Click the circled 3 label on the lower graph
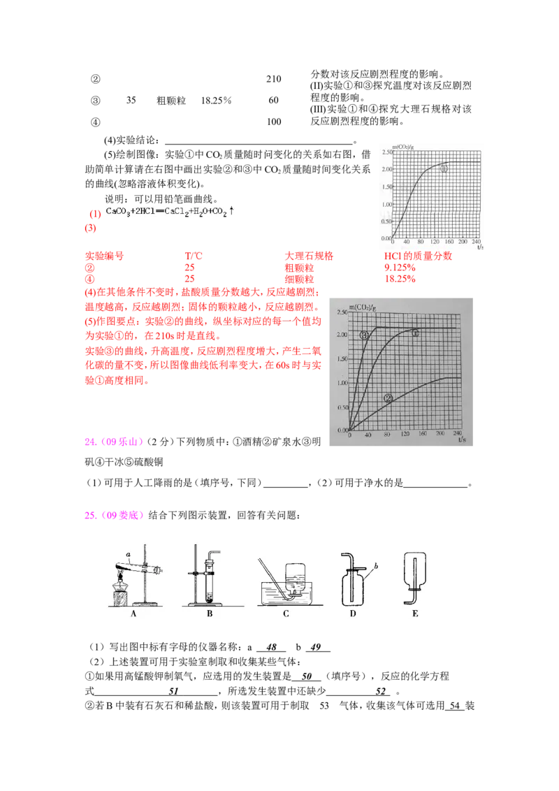click(364, 335)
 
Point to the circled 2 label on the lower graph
click(389, 398)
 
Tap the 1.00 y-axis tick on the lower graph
click(341, 383)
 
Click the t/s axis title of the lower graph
click(461, 441)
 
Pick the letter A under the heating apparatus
click(133, 614)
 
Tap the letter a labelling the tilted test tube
click(129, 553)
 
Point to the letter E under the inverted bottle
click(416, 614)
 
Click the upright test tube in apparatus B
click(210, 583)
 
